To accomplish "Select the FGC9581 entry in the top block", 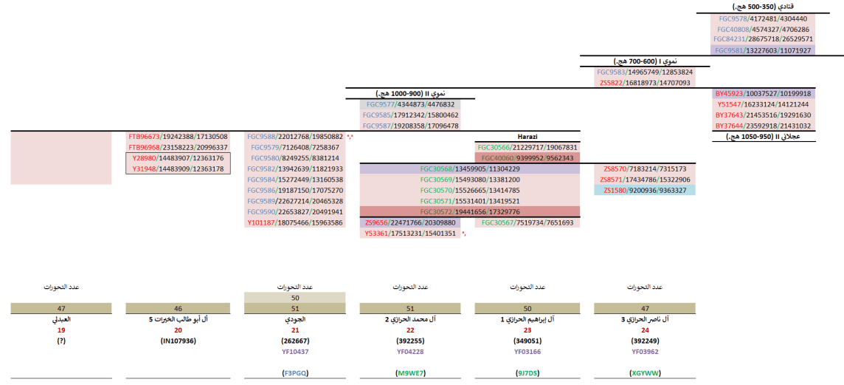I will coord(762,50).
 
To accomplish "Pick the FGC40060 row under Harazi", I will coord(527,157).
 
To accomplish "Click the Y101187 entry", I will coord(295,222).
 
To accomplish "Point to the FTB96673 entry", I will coord(178,137).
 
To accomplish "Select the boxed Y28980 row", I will coord(178,158).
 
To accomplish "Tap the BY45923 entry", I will coord(763,94).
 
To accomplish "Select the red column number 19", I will coord(61,330).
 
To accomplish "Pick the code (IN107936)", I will coord(178,341).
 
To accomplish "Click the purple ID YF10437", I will coord(295,352).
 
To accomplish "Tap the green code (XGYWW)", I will coord(643,373).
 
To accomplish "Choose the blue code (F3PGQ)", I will coord(295,373).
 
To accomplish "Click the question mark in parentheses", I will coord(61,341).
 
